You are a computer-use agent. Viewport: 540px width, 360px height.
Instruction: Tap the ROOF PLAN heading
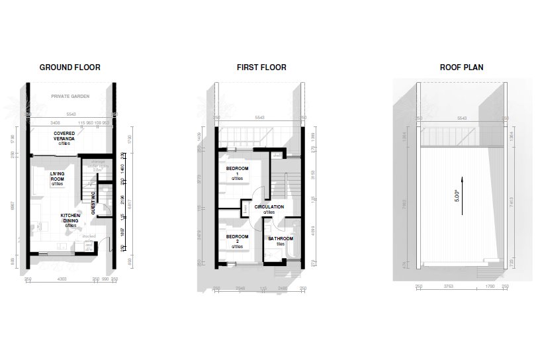[461, 67]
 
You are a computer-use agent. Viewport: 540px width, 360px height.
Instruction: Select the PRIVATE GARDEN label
[70, 97]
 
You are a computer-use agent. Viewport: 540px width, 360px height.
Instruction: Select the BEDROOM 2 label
[238, 240]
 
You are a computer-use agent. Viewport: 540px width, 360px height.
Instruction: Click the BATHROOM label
[281, 240]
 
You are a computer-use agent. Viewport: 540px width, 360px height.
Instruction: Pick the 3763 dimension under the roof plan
[448, 287]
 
